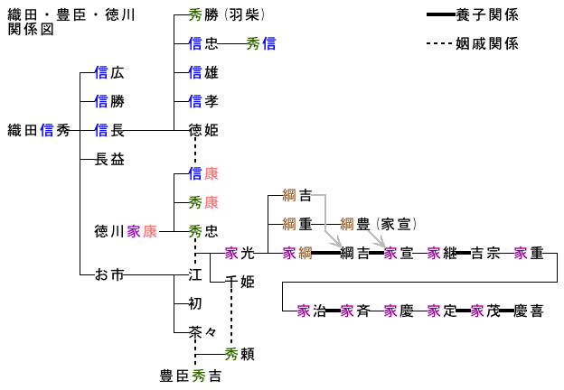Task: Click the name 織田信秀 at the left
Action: click(x=38, y=130)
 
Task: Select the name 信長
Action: click(x=109, y=130)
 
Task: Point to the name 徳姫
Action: click(x=202, y=130)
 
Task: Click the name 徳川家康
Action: click(x=126, y=231)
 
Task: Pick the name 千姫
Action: click(x=240, y=282)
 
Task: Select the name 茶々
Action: click(x=202, y=332)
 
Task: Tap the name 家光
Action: click(x=240, y=253)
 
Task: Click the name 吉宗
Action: click(x=485, y=253)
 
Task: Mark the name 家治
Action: click(x=312, y=311)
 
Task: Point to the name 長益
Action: click(x=109, y=159)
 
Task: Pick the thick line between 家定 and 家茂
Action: click(x=464, y=311)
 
